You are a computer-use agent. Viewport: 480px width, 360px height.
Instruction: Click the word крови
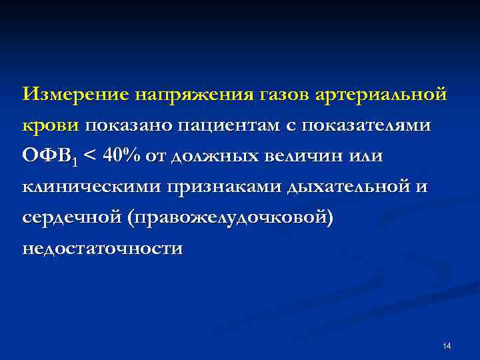pyautogui.click(x=50, y=125)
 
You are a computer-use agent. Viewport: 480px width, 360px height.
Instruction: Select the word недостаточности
pyautogui.click(x=102, y=249)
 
